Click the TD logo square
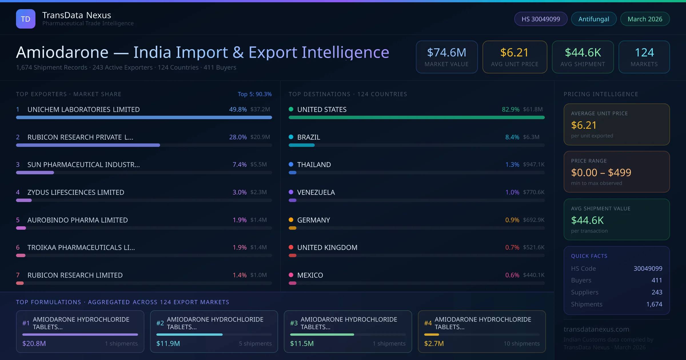click(26, 19)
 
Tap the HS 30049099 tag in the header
click(541, 19)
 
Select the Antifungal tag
click(594, 19)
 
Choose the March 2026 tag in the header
click(645, 19)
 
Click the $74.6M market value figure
click(446, 53)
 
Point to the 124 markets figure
click(644, 53)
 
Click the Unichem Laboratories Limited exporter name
click(83, 109)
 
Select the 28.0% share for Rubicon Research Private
click(238, 137)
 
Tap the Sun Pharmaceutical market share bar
click(35, 173)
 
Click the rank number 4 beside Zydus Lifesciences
click(18, 192)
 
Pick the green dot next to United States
click(291, 109)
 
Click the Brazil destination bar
click(302, 145)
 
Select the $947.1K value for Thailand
click(534, 165)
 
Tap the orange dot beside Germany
click(291, 220)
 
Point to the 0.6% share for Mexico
click(512, 275)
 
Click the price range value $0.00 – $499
click(601, 173)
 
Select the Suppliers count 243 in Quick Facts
click(657, 292)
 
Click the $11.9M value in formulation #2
click(168, 343)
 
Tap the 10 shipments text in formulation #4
click(522, 343)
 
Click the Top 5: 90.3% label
click(255, 94)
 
